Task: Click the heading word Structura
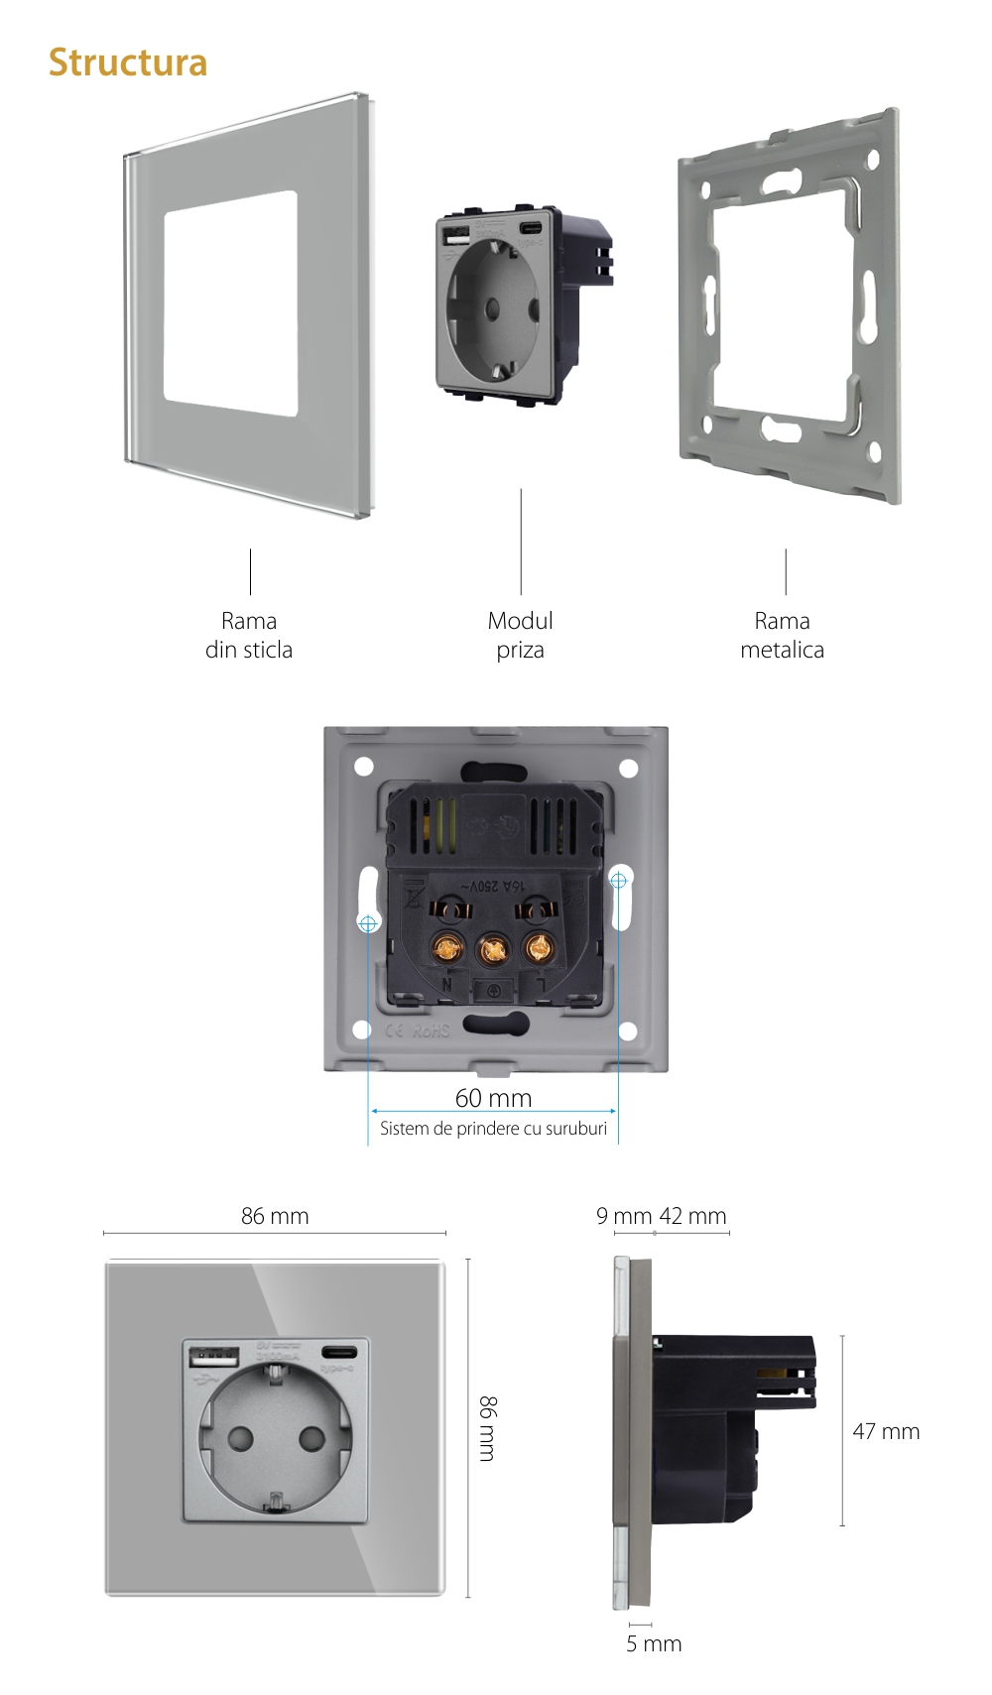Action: [x=128, y=62]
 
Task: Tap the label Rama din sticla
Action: [x=249, y=635]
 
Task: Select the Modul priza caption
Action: [x=520, y=635]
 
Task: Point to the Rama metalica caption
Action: [x=782, y=635]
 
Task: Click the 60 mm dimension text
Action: [x=493, y=1098]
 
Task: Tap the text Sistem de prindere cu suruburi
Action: [x=493, y=1129]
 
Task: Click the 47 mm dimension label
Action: [x=886, y=1431]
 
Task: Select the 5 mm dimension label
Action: [x=654, y=1643]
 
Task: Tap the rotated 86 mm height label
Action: [x=487, y=1428]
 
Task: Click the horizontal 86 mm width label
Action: [x=275, y=1216]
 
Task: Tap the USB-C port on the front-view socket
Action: [x=339, y=1352]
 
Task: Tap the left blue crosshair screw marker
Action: [x=368, y=923]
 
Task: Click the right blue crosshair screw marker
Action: [x=619, y=880]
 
